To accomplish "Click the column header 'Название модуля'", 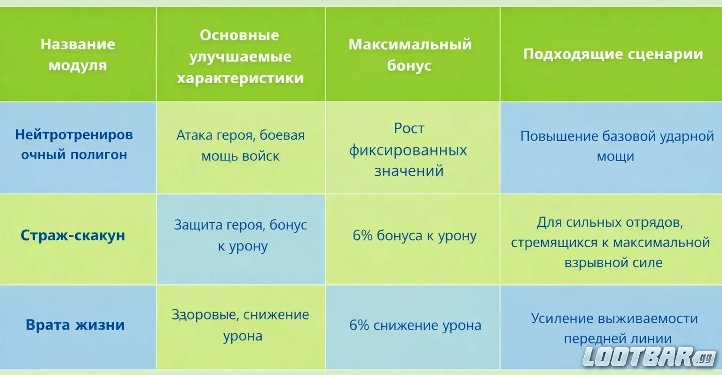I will click(x=78, y=55).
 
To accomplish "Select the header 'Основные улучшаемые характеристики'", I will click(x=240, y=56).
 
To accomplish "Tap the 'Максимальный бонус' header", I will click(x=409, y=55).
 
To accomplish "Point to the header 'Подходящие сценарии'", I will click(x=613, y=54).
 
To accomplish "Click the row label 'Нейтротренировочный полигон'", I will click(x=74, y=144).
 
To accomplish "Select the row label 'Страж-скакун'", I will click(x=73, y=235).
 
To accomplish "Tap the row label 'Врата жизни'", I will click(x=75, y=325).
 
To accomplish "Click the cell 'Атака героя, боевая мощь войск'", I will click(x=240, y=146).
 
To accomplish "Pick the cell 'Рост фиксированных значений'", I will click(x=408, y=149).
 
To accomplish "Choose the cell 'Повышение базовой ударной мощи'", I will click(x=616, y=146).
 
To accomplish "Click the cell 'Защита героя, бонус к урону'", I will click(x=240, y=235).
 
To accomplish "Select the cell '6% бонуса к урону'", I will click(x=415, y=236).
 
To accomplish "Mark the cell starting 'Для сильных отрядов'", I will click(x=610, y=242).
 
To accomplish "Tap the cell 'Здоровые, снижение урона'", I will click(x=240, y=325).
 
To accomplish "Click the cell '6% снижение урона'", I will click(x=415, y=325).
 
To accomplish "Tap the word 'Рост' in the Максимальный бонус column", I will click(x=409, y=128).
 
